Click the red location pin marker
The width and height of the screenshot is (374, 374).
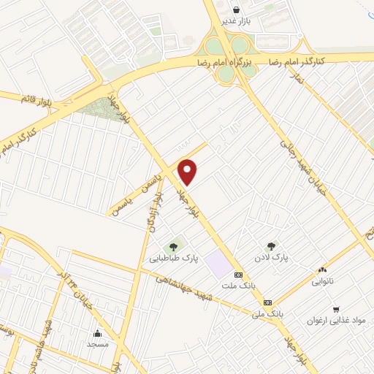pyautogui.click(x=188, y=172)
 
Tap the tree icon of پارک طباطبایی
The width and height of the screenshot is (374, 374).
pyautogui.click(x=174, y=246)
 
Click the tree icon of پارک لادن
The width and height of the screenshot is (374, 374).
pyautogui.click(x=272, y=247)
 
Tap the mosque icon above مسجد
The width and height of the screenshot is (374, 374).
pyautogui.click(x=97, y=333)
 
